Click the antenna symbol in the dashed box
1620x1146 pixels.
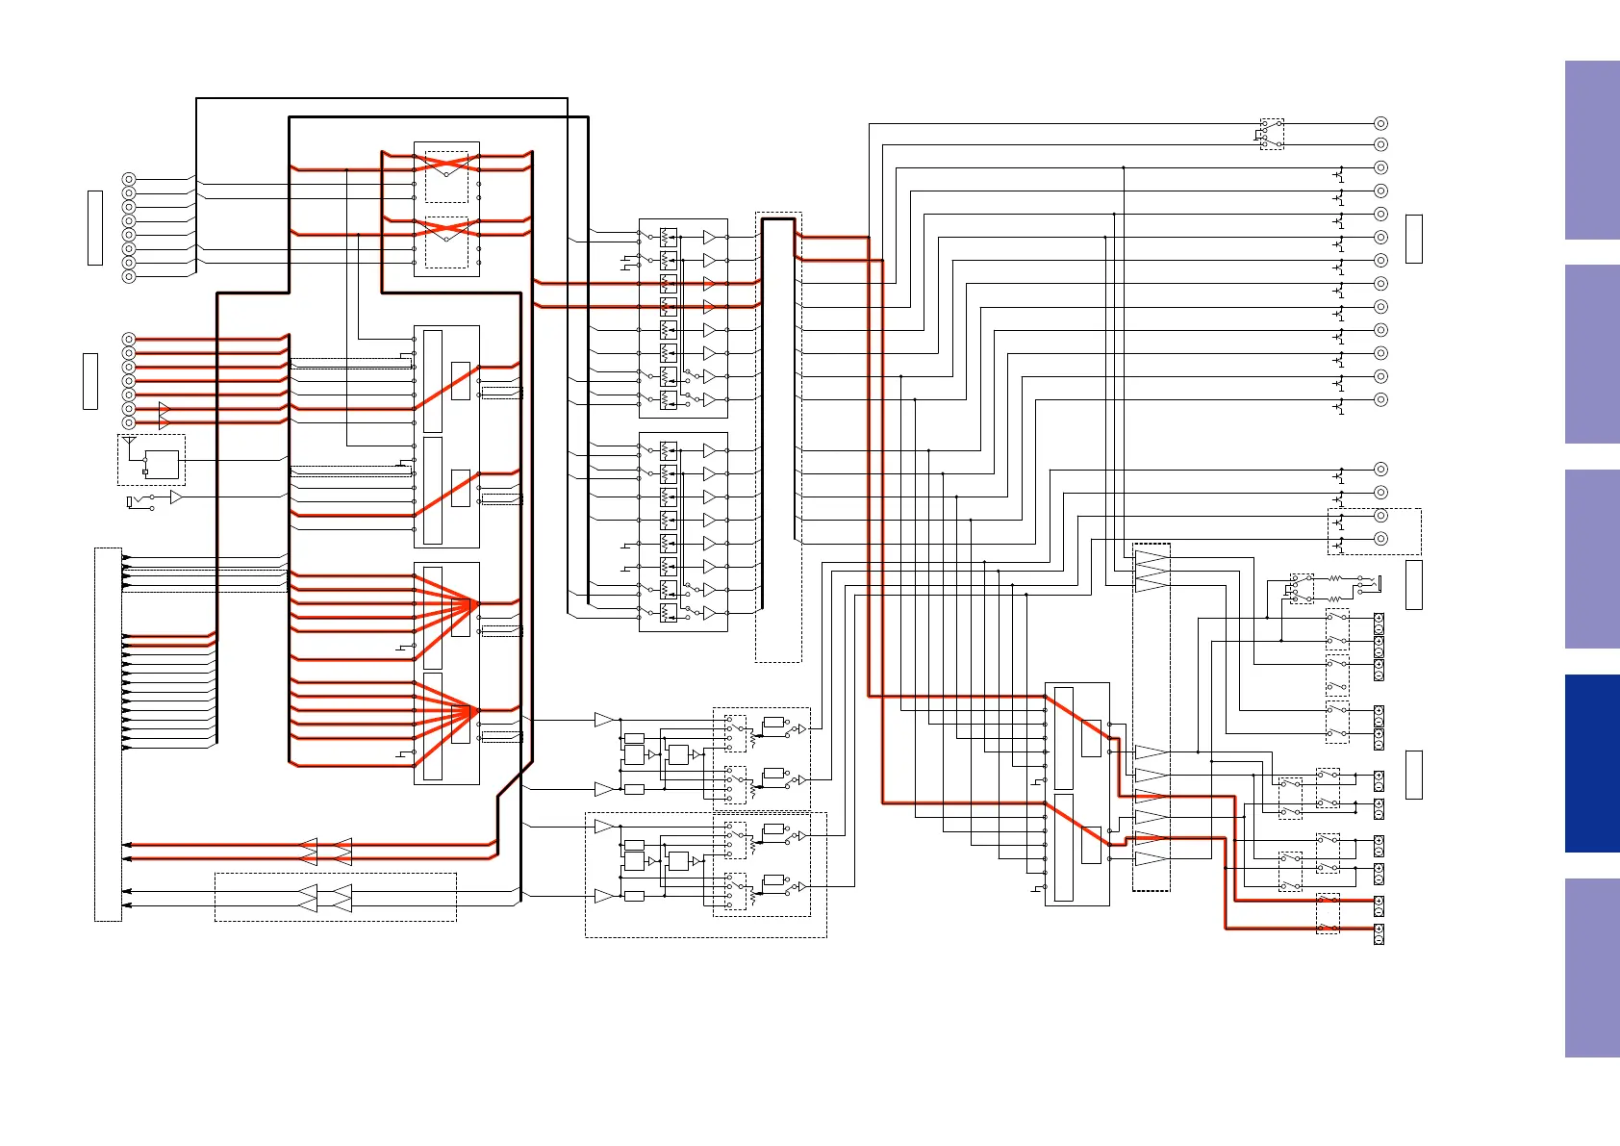[x=130, y=442]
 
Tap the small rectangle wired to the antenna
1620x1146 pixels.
[x=162, y=465]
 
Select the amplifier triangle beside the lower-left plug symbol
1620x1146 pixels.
[x=176, y=497]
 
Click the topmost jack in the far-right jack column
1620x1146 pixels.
[x=1380, y=123]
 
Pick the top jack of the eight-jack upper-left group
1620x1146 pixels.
[x=129, y=179]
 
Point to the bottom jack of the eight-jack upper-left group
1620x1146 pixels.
[x=129, y=276]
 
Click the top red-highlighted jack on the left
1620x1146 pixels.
[x=129, y=339]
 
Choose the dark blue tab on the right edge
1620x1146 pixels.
[x=1592, y=763]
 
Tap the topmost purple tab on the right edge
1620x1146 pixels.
[x=1592, y=150]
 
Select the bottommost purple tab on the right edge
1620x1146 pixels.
[x=1592, y=967]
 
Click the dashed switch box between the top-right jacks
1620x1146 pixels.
[x=1272, y=134]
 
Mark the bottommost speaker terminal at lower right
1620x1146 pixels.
[x=1379, y=933]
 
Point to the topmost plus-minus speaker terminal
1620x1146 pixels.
[x=1379, y=619]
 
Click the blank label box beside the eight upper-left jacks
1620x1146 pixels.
[x=94, y=227]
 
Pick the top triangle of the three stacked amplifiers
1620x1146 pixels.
[x=1152, y=556]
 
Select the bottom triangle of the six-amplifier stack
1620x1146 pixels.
[x=1151, y=858]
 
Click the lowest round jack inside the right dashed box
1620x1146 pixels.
[x=1380, y=539]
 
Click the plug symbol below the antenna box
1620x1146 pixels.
[x=134, y=502]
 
